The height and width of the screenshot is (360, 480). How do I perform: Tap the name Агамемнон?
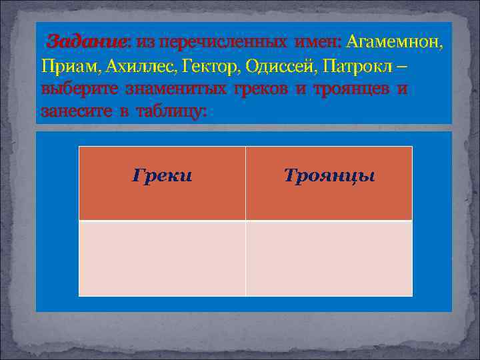(393, 42)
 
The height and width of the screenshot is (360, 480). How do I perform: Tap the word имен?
(317, 42)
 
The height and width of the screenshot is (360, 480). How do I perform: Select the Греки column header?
(162, 176)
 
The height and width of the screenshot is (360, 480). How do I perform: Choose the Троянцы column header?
(329, 176)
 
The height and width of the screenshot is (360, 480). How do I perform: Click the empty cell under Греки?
(162, 258)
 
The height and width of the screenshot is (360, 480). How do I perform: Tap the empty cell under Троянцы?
(329, 258)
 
